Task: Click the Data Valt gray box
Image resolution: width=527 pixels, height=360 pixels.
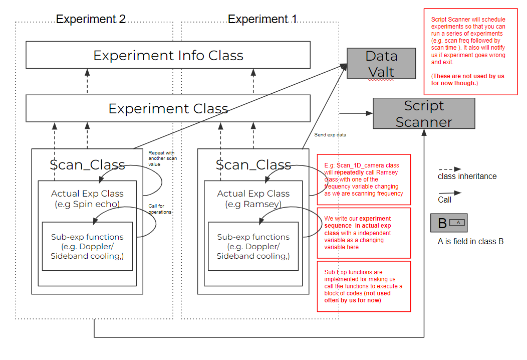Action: tap(381, 64)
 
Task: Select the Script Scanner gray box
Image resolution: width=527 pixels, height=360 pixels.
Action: tap(424, 113)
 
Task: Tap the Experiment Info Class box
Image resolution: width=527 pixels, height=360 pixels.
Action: tap(168, 55)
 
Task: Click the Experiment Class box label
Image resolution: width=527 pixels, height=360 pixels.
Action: tap(168, 109)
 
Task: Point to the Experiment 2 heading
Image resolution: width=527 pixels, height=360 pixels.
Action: tap(91, 20)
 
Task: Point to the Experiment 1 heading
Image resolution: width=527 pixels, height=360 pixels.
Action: tap(262, 20)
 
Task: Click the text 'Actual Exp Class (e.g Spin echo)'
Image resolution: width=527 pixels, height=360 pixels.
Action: tap(87, 199)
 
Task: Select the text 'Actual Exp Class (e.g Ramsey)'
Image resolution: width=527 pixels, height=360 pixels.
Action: tap(253, 199)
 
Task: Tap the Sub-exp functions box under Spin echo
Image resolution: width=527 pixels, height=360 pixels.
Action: tap(87, 246)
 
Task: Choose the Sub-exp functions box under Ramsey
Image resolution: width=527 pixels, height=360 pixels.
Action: tap(253, 246)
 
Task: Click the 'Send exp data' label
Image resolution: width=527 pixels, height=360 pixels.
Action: tap(330, 135)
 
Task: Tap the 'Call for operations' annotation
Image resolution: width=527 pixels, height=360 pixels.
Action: tap(160, 209)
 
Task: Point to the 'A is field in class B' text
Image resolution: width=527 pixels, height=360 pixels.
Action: tap(470, 242)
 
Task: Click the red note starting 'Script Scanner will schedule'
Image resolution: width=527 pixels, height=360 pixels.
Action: tap(470, 51)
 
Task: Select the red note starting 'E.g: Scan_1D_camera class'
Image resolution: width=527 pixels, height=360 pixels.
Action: tap(364, 179)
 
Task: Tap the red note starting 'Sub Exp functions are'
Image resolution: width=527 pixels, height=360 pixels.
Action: tap(364, 286)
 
